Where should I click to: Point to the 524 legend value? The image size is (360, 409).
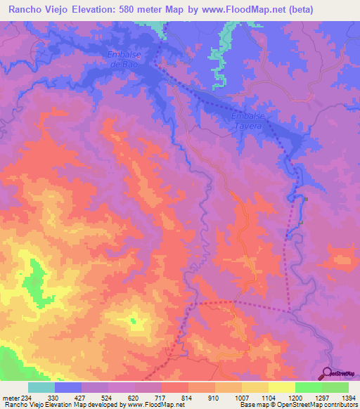click(108, 397)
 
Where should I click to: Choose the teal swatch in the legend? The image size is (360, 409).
click(41, 387)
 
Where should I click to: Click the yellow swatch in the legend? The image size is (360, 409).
click(281, 387)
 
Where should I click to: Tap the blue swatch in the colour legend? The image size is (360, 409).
click(68, 387)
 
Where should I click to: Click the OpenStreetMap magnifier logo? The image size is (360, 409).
click(327, 373)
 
